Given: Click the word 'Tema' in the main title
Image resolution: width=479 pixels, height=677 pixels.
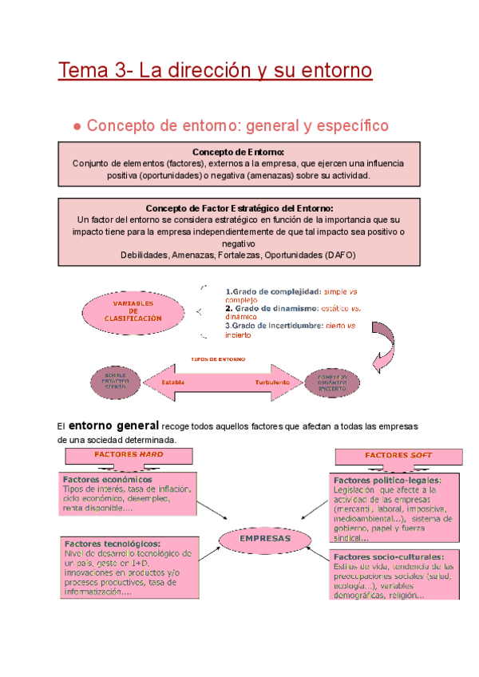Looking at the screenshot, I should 83,70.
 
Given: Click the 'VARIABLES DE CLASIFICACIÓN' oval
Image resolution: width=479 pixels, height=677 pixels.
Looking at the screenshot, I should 133,311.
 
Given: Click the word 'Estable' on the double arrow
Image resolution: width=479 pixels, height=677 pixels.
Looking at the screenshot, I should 174,382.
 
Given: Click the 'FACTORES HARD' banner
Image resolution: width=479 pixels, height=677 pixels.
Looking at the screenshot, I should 129,454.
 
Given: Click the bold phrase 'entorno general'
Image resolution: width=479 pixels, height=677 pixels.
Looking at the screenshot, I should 114,426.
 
